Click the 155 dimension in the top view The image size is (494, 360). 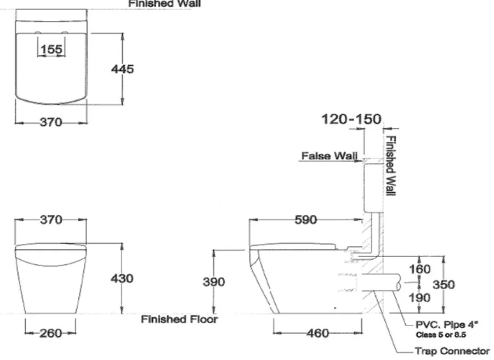pos(52,49)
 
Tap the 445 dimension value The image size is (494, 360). pos(123,69)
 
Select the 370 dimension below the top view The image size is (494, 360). pos(51,122)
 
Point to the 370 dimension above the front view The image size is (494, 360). pos(51,220)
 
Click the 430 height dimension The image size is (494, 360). pos(122,278)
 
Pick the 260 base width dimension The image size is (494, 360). pos(51,333)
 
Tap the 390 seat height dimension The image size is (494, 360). pos(214,282)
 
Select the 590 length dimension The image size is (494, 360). pos(306,220)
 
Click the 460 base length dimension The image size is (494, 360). pos(317,333)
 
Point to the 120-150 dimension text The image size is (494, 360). pos(351,119)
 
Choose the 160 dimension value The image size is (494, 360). pos(419,269)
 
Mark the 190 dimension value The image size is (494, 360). pos(419,298)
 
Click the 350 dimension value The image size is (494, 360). pos(444,284)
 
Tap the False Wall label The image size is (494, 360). pos(330,156)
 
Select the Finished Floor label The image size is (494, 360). pos(179,319)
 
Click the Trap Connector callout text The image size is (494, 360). pos(452,351)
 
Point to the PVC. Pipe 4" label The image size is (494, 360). pos(447,325)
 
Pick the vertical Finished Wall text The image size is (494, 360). pos(391,165)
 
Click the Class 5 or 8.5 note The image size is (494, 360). pos(441,335)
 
